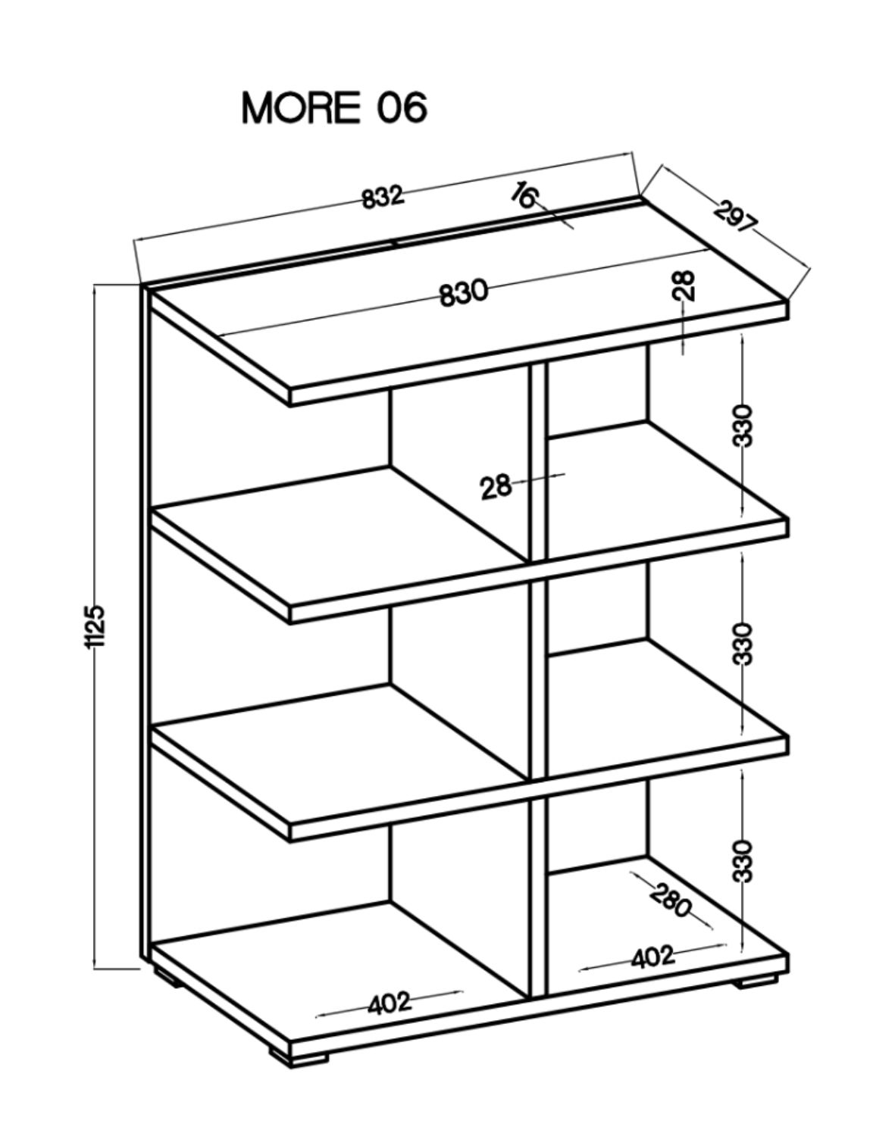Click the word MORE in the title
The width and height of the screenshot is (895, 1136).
tap(300, 108)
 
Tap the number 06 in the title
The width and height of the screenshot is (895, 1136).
tap(402, 108)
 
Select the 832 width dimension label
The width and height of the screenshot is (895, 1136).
tap(383, 197)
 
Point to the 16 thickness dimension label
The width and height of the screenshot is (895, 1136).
tap(524, 195)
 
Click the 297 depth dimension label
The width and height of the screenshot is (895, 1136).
tap(735, 217)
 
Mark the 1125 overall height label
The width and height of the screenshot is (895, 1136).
tap(96, 626)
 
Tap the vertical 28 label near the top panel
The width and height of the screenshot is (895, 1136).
tap(685, 286)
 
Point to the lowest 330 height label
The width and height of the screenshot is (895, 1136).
tap(743, 862)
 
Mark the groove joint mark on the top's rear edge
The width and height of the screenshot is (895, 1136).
tap(393, 243)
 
